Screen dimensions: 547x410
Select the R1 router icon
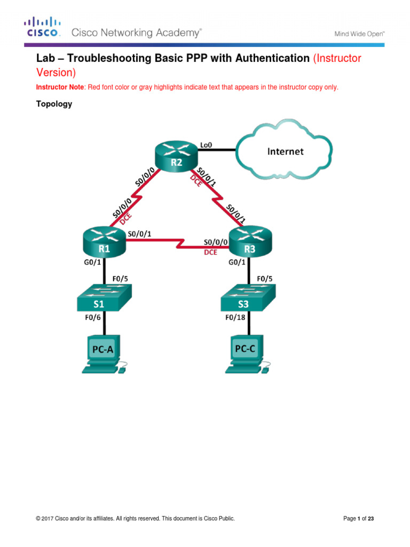point(104,241)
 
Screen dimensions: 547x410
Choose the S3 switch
point(249,298)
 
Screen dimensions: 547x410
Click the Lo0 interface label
point(206,144)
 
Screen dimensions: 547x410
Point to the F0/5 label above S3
point(265,278)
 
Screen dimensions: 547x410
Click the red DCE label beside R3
point(210,253)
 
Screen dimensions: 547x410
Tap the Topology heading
point(54,104)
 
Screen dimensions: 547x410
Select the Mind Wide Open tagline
point(360,34)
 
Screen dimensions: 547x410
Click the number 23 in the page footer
point(377,518)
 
